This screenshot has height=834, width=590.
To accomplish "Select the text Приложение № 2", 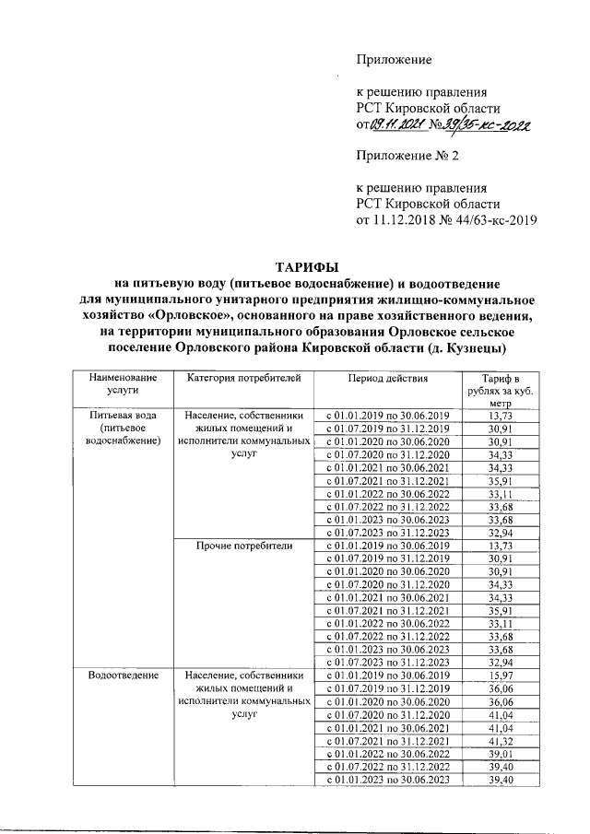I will tap(407, 157).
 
